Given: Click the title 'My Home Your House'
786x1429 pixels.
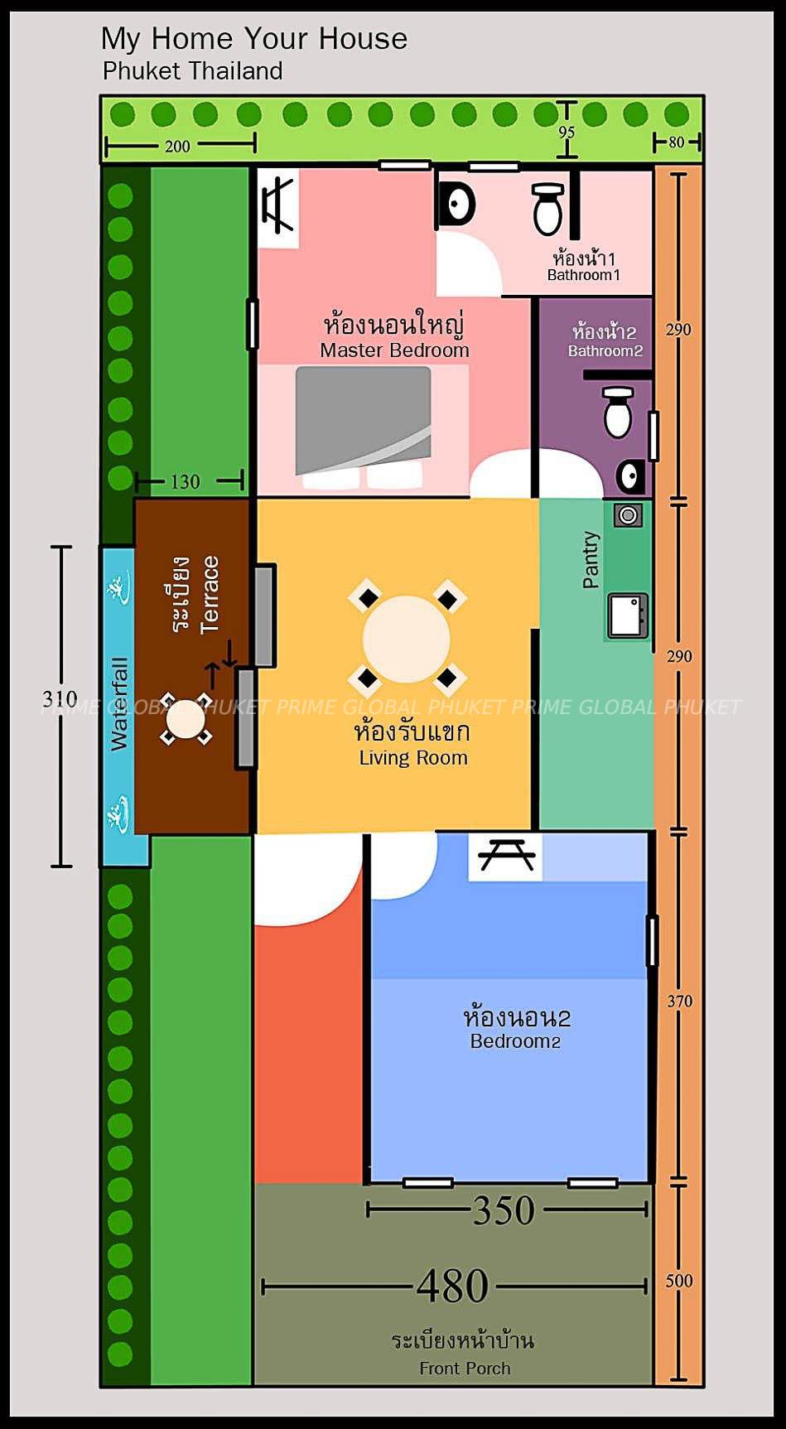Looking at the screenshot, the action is tap(254, 39).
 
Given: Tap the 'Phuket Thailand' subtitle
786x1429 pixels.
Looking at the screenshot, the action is tap(192, 71).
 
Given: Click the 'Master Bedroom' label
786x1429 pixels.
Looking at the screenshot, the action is tap(394, 350).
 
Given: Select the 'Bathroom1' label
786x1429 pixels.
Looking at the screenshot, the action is tap(583, 275).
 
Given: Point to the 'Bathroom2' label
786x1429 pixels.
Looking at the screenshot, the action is tap(605, 351).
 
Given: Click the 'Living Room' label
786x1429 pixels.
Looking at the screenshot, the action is tap(413, 758).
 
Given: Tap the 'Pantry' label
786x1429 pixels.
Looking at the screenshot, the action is tap(591, 560).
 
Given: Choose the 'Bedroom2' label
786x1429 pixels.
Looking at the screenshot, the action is tap(515, 1041).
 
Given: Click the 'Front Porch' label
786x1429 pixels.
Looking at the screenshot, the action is tap(465, 1369).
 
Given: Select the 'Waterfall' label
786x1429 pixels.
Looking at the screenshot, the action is tap(120, 704).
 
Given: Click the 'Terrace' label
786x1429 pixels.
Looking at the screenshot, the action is tap(210, 595).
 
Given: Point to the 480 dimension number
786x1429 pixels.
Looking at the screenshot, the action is tap(452, 1287).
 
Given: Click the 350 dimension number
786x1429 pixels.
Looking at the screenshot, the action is tap(504, 1211).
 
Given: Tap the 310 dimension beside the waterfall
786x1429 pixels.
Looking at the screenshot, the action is tap(60, 698).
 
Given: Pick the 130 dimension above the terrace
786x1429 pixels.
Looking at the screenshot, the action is tap(185, 481).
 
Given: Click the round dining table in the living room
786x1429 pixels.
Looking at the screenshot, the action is tap(407, 639).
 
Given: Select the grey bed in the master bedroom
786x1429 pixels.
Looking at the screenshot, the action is tap(364, 422).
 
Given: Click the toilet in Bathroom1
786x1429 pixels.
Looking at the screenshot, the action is tap(547, 210).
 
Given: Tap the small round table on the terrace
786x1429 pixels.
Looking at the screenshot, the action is tap(186, 720).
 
